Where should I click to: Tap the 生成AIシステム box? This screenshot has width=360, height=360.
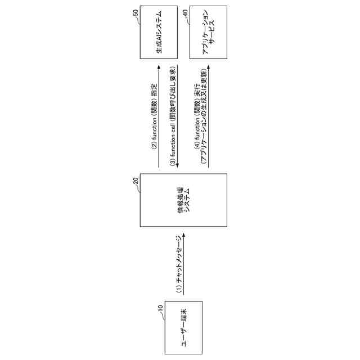click(x=160, y=33)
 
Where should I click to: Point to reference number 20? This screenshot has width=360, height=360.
click(x=134, y=181)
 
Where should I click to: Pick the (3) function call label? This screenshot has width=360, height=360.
click(x=173, y=112)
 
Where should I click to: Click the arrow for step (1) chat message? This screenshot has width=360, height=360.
click(x=183, y=264)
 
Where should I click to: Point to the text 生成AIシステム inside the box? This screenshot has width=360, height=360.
click(x=160, y=33)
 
